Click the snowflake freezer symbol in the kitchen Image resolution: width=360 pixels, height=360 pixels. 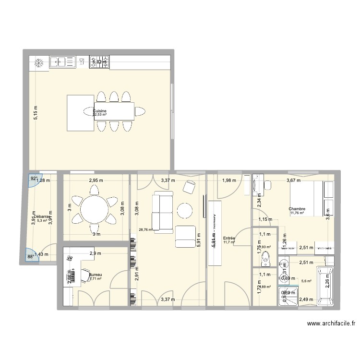[39, 62]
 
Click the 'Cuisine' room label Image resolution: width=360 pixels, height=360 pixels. [100, 111]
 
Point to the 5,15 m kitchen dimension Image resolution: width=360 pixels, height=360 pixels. [35, 113]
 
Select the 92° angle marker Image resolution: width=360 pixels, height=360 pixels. [34, 179]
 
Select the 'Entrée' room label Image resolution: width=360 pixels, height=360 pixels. [229, 238]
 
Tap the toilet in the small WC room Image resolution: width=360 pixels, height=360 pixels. [264, 259]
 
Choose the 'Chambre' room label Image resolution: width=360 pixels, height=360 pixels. [297, 209]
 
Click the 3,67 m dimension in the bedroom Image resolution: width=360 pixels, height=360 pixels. [293, 181]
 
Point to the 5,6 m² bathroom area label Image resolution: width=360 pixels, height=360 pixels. [306, 281]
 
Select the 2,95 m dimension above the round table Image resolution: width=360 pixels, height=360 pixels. [96, 181]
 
